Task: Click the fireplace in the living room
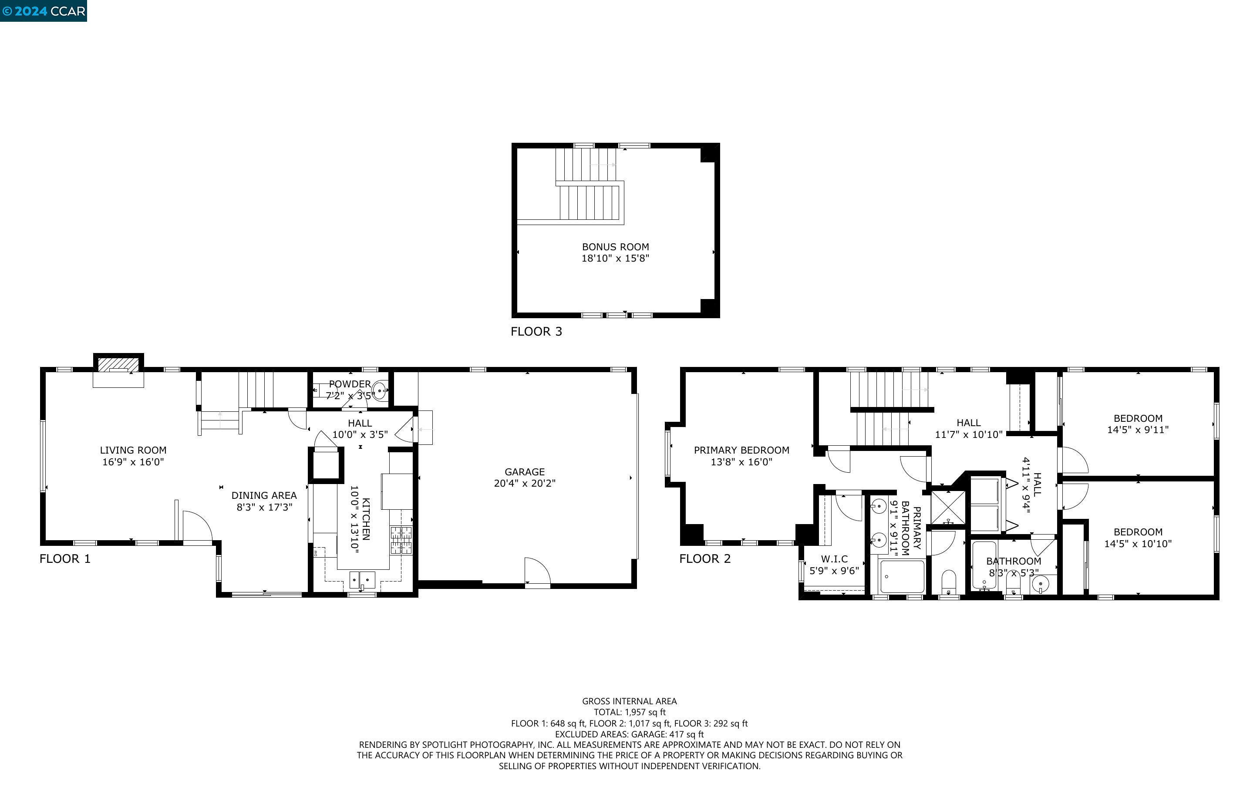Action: coord(118,364)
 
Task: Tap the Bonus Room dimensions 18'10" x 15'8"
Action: coord(615,258)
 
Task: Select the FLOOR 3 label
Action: coord(536,332)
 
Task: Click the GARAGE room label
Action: coord(525,471)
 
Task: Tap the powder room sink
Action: coord(381,389)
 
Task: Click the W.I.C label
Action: coord(834,559)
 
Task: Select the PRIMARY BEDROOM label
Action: coord(741,450)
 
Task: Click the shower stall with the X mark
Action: coord(948,507)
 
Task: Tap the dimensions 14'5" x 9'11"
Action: coord(1138,430)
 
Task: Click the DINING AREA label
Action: coord(264,495)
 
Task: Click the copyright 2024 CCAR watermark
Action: coord(44,11)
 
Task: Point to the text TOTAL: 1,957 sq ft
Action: coord(629,712)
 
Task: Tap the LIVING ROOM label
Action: coord(133,450)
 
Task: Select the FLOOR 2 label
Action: coord(705,559)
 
